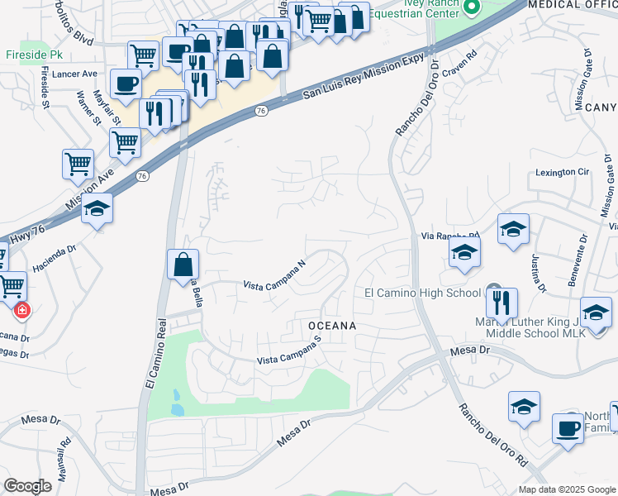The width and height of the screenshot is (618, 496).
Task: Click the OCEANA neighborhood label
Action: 332,326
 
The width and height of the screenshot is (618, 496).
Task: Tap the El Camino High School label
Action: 422,293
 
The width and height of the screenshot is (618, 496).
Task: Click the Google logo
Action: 28,486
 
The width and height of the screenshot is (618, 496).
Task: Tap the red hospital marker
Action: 21,311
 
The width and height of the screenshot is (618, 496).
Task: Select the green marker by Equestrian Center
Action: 472,8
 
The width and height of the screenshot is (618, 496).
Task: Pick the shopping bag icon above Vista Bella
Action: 183,265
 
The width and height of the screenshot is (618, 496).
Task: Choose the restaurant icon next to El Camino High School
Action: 502,303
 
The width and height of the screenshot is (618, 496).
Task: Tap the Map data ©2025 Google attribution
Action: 567,489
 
